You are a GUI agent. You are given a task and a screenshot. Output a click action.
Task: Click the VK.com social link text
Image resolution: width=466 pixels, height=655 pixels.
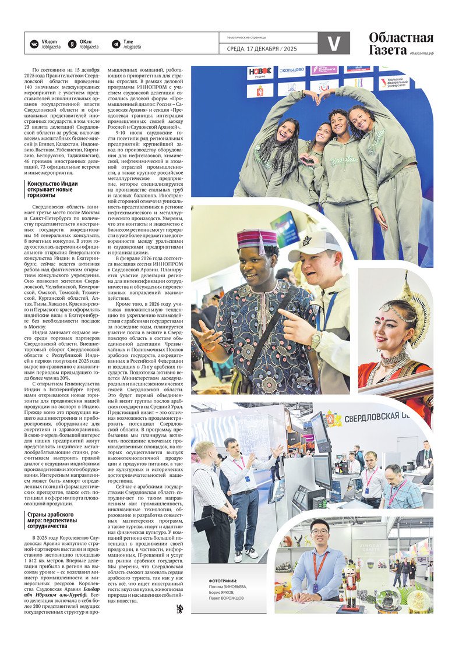[x=48, y=41]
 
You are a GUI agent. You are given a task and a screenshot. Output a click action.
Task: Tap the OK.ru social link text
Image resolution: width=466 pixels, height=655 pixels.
[x=86, y=41]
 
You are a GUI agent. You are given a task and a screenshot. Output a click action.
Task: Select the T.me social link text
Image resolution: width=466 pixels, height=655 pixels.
[x=128, y=41]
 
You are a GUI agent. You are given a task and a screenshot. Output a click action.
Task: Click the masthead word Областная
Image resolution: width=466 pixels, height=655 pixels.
[x=401, y=38]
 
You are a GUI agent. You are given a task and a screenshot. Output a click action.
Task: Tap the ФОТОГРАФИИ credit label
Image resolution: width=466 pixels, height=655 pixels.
[x=223, y=582]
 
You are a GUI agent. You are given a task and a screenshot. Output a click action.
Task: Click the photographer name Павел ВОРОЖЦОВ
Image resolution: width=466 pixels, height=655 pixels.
[x=227, y=598]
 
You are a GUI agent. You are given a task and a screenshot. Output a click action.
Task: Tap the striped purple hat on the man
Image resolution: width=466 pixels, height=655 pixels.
[x=257, y=239]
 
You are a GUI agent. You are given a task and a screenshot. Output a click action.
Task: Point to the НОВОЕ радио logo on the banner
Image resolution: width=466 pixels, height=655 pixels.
[x=260, y=72]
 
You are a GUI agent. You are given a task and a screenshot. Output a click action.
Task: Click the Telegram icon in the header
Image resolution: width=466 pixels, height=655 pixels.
[x=114, y=43]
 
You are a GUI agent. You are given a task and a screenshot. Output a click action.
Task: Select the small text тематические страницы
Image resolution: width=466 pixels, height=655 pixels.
[x=242, y=37]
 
